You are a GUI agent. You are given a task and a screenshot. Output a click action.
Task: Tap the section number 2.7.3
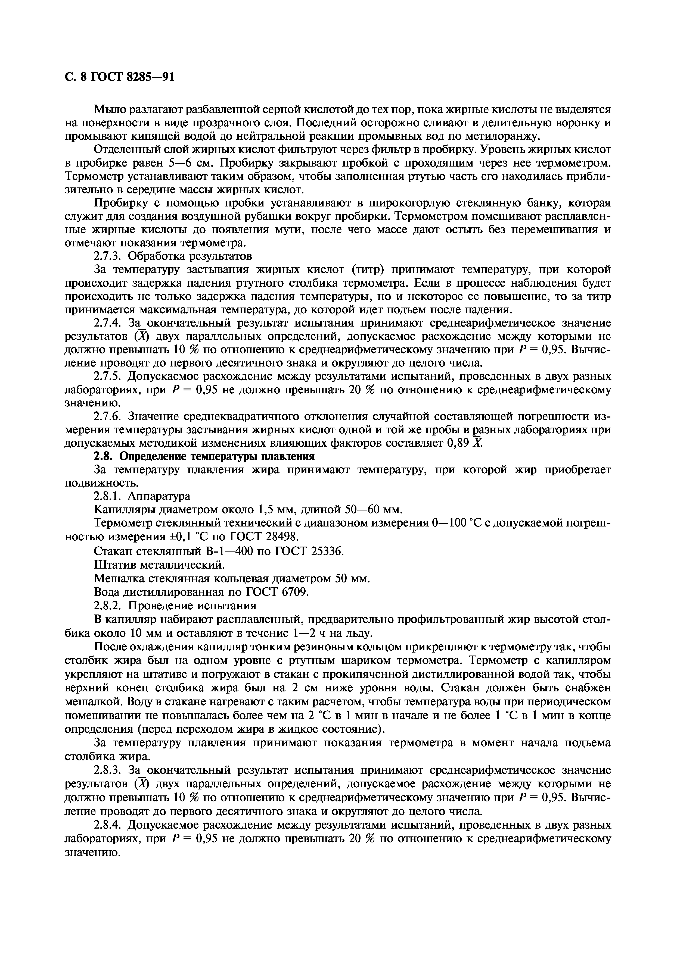coord(108,256)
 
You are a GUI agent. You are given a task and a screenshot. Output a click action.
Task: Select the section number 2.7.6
coord(108,416)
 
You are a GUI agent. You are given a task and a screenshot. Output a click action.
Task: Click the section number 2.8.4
coord(108,825)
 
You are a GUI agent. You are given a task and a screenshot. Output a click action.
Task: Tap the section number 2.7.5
coord(108,377)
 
